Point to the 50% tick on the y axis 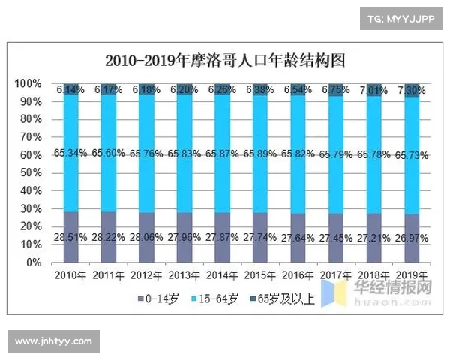point(30,172)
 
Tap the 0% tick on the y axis point(33,262)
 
